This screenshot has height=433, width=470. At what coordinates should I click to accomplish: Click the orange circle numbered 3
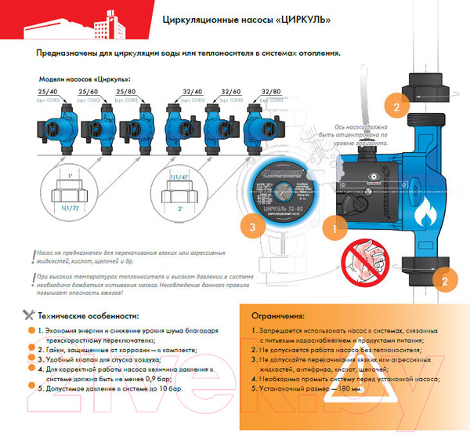coord(251,227)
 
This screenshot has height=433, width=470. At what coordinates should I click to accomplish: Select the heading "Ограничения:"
coord(278,316)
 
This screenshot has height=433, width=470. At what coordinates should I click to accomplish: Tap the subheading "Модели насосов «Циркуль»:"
coord(86,79)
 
